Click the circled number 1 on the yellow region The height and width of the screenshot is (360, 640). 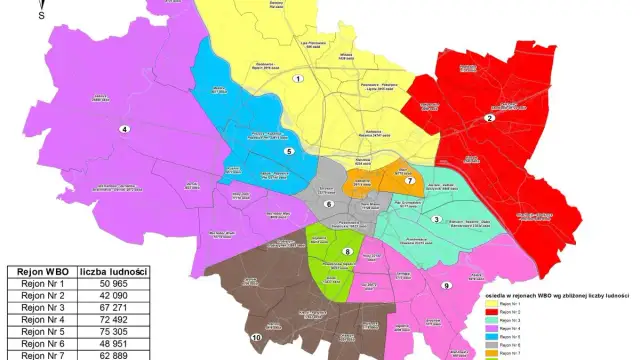[297, 77]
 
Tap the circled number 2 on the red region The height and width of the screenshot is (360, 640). [490, 118]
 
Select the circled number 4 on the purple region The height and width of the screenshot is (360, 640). [125, 129]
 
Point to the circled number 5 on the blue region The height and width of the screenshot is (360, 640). [289, 151]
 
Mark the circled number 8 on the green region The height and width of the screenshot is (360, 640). [347, 251]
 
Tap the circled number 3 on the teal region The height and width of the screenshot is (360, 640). [436, 219]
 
